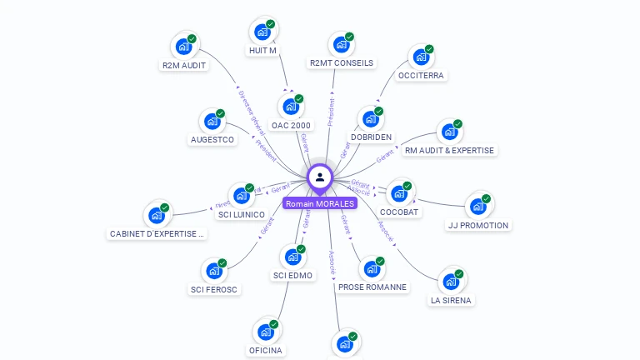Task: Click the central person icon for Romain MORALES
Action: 320,177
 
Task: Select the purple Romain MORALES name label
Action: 320,203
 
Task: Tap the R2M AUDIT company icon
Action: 183,47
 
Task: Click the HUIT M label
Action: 262,51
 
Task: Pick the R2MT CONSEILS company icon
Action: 341,45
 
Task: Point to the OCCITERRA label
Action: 422,75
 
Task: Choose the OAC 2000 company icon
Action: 291,107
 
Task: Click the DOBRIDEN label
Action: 371,137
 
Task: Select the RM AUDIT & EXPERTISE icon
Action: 450,132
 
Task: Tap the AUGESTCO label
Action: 212,139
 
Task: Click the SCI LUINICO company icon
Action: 242,196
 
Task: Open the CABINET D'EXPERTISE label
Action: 157,234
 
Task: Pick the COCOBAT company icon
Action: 399,193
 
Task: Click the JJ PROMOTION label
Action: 477,225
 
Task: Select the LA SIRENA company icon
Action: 451,281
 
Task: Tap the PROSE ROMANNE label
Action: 372,287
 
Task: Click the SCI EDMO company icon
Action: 292,257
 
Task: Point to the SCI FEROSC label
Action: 213,289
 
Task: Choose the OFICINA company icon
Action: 266,332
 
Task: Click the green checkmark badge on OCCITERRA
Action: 430,49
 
